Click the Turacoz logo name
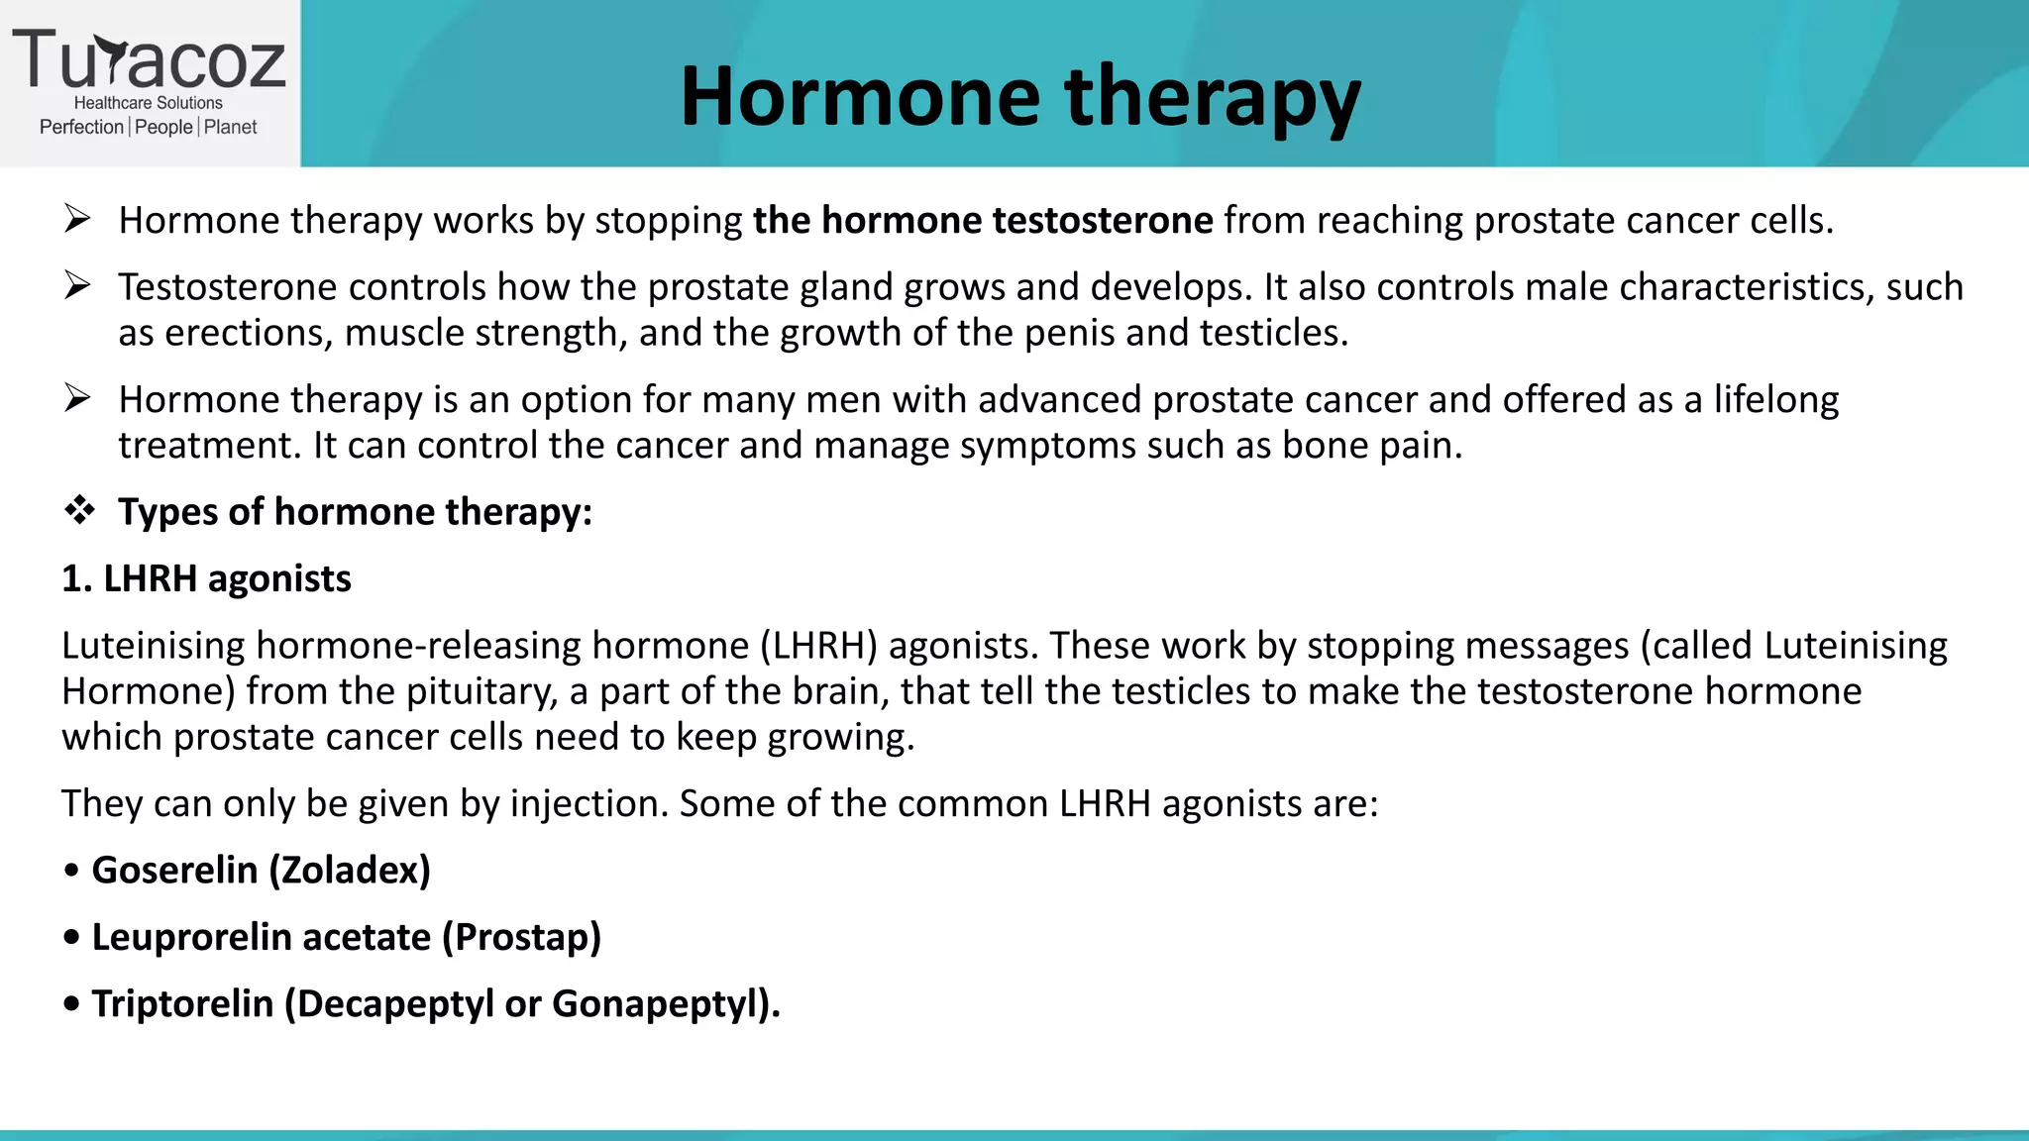click(149, 59)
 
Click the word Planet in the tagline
click(230, 127)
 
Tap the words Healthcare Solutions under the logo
click(149, 103)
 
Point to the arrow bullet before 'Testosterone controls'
click(77, 286)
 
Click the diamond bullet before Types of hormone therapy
click(79, 511)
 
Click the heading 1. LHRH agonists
click(206, 578)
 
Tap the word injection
click(588, 803)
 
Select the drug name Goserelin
click(174, 870)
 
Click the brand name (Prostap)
click(521, 937)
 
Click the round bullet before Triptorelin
click(71, 1004)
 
